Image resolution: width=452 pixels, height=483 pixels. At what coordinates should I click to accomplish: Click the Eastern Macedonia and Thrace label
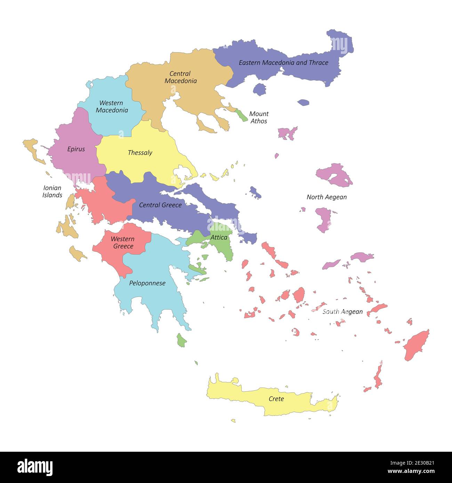283,63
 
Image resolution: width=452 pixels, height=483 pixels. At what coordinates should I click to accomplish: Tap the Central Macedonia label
180,77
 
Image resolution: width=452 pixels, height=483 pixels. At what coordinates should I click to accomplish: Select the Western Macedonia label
112,107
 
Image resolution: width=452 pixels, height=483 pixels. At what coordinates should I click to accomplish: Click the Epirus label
76,149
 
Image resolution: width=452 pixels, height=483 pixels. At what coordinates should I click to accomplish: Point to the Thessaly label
140,153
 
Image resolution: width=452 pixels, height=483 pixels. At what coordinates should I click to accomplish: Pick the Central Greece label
160,205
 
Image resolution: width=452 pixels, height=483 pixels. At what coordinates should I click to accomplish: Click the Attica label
219,238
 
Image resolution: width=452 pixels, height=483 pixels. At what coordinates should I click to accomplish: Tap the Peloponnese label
147,283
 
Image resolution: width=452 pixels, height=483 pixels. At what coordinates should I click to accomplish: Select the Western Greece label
122,243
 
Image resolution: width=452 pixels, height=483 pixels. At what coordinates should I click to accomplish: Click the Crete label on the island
276,399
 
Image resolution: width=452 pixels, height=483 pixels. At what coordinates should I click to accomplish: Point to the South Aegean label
342,312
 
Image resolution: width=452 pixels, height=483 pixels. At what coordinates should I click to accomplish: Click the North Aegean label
326,197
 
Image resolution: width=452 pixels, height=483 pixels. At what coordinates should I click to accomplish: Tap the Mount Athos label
259,117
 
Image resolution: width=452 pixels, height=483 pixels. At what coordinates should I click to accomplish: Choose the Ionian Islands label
52,191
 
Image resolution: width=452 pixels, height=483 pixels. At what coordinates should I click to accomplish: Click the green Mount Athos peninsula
241,115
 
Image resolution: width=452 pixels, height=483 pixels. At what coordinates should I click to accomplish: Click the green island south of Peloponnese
181,341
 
